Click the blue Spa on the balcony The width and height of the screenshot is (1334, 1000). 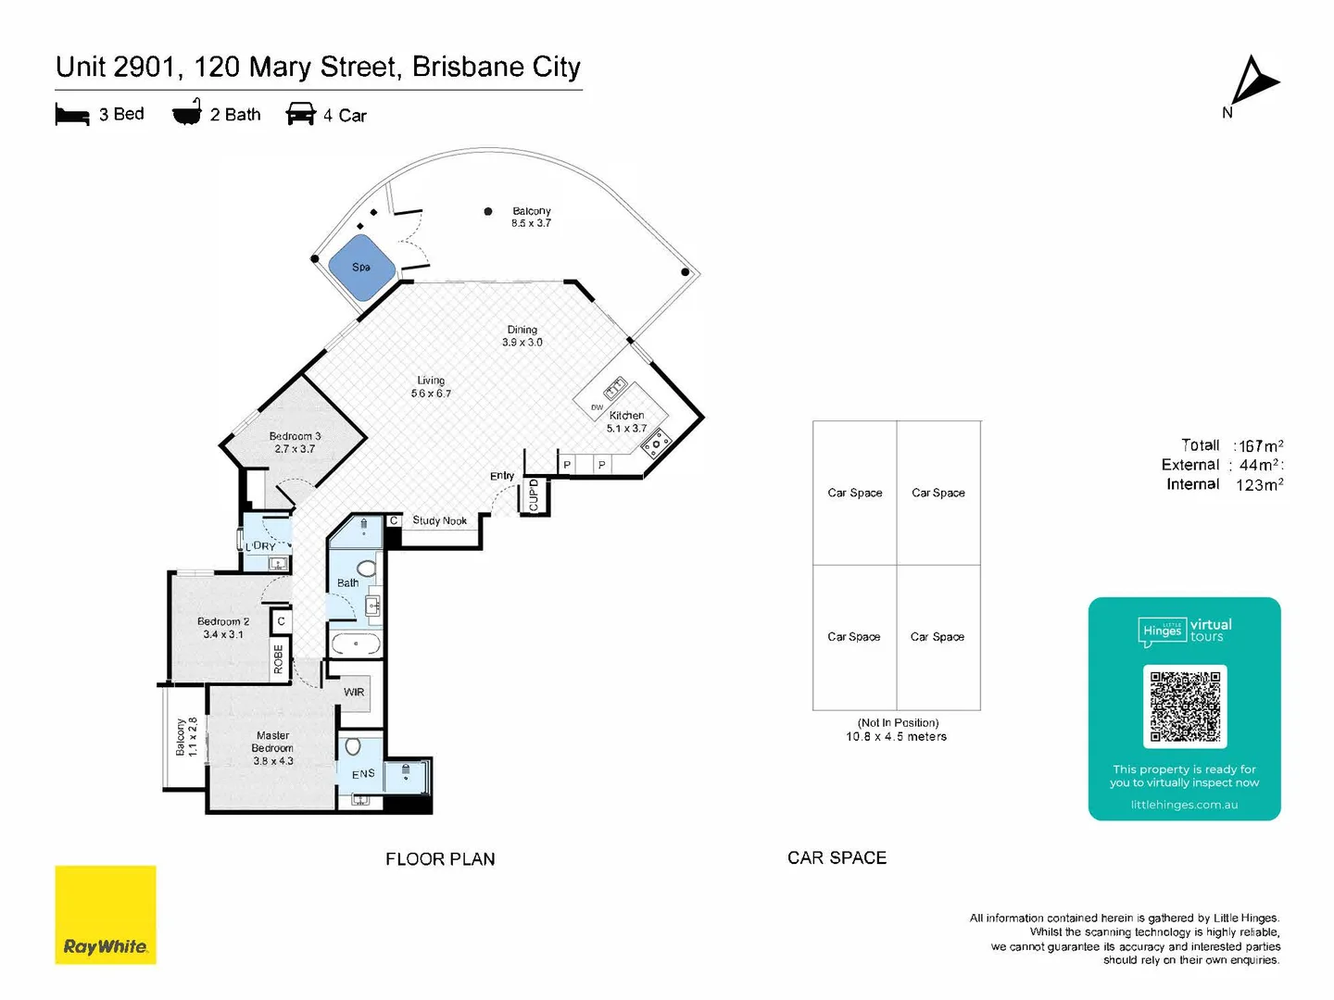362,267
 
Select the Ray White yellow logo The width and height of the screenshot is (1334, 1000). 106,915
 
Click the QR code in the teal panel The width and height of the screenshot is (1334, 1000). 1185,706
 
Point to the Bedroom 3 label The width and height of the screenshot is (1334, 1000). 295,436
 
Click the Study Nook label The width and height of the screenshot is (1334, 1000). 439,520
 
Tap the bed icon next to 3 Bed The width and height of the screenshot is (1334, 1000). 72,115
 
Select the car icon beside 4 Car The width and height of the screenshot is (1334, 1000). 301,115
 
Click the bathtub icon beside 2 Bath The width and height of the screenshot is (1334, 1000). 187,113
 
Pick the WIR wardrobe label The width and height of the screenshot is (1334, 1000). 354,692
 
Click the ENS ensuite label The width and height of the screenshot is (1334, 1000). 363,773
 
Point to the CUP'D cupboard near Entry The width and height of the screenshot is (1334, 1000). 534,494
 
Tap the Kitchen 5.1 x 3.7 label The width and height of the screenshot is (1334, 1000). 627,421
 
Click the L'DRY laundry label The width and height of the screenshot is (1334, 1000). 260,546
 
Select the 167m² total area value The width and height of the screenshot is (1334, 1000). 1261,446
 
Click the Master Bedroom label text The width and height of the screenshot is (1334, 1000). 272,742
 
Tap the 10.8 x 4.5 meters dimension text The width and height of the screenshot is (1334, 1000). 896,737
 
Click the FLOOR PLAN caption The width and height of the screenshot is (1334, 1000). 440,859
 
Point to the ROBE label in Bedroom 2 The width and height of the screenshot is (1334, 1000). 278,658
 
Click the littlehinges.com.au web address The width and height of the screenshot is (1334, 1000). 1184,805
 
